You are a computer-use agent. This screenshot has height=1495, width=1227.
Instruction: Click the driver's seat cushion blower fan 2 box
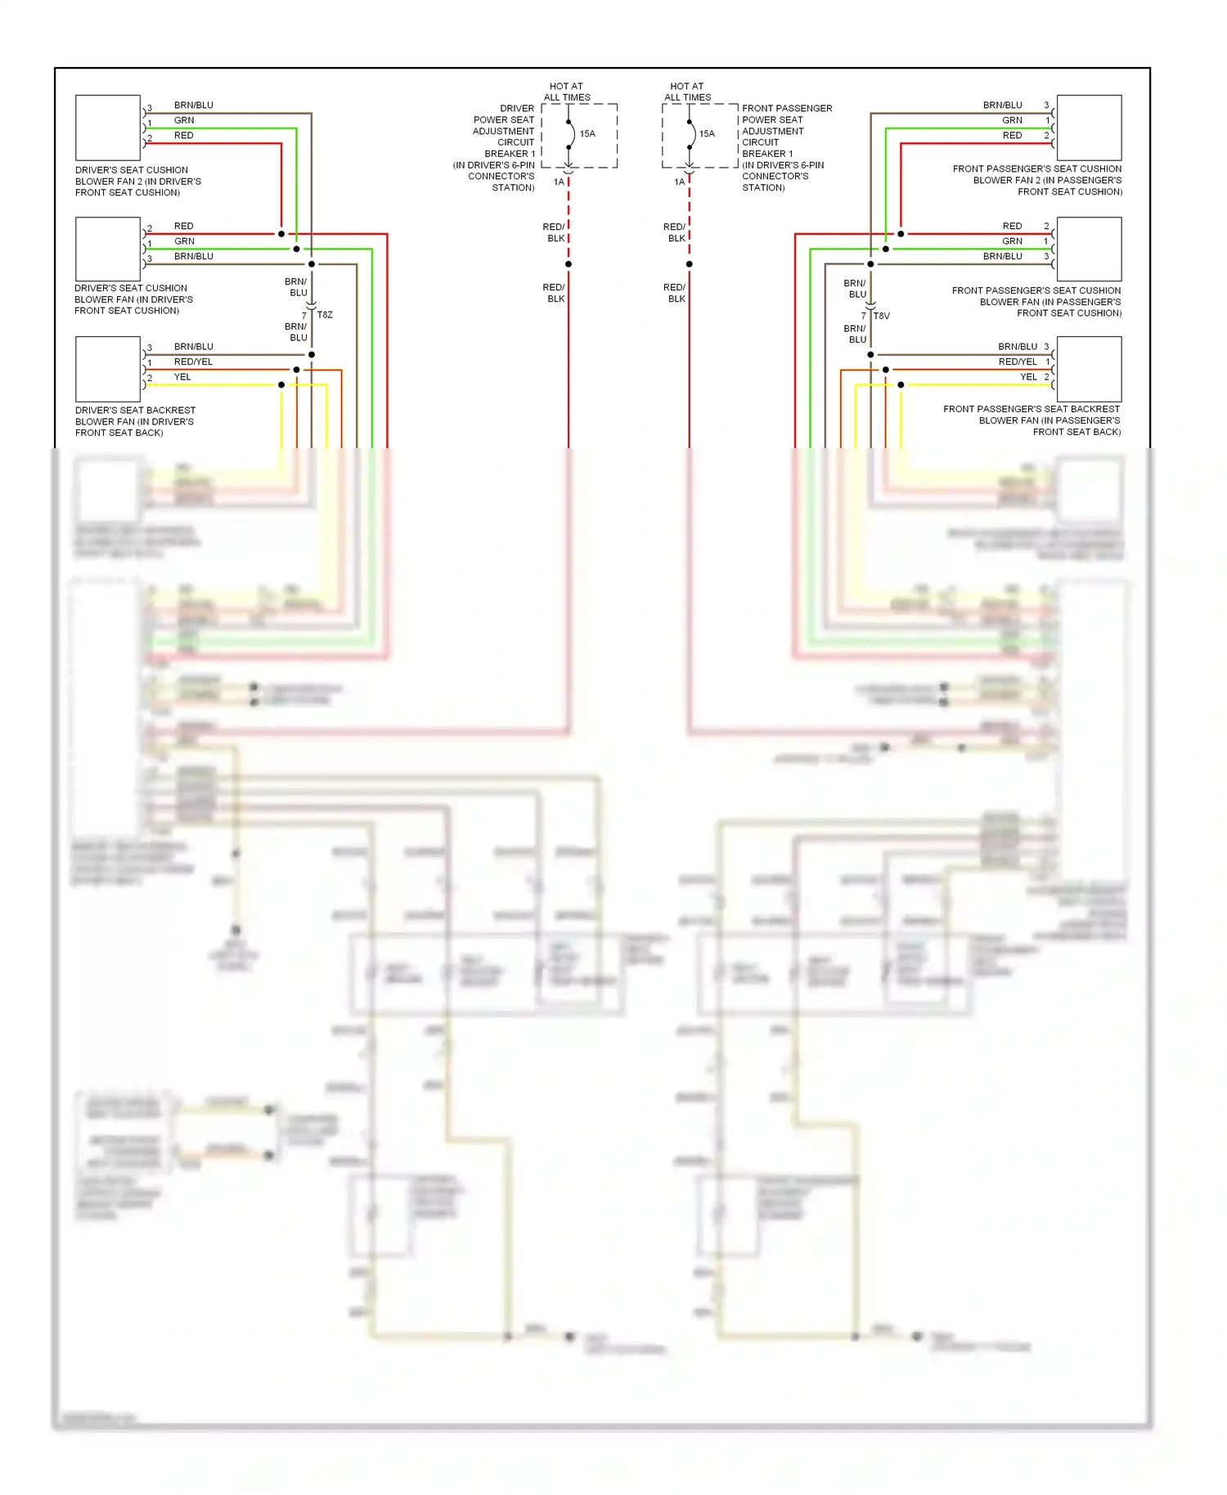(x=108, y=128)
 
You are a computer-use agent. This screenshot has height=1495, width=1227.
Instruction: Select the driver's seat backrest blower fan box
(x=108, y=369)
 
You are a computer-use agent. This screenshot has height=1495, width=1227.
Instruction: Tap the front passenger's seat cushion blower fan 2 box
(x=1089, y=128)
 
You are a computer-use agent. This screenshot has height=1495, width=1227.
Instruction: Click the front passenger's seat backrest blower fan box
(x=1089, y=369)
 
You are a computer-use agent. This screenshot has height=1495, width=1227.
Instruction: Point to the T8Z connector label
(x=325, y=315)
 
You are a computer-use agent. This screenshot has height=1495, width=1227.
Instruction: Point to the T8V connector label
(x=882, y=316)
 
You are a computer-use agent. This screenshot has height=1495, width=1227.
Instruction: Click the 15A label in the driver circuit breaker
(x=587, y=133)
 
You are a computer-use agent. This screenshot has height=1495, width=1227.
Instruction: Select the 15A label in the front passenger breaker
(x=707, y=133)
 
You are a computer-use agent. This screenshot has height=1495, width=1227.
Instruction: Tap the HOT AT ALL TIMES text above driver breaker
(x=567, y=92)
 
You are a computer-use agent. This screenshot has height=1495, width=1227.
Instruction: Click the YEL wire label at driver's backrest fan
(x=182, y=377)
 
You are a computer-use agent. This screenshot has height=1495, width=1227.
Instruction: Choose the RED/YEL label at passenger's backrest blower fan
(x=1017, y=361)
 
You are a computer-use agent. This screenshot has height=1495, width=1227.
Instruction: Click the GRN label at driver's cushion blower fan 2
(x=184, y=120)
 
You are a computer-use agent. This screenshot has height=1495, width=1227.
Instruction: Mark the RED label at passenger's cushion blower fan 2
(x=1012, y=136)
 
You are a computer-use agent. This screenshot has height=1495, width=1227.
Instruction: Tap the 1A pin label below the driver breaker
(x=559, y=182)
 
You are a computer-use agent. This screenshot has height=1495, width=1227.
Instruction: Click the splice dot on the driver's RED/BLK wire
(x=569, y=264)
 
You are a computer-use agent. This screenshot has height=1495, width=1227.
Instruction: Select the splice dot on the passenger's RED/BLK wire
(x=690, y=264)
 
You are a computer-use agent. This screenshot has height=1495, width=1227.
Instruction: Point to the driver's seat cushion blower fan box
(x=108, y=249)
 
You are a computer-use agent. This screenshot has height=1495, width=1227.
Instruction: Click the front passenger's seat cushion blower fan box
(x=1089, y=249)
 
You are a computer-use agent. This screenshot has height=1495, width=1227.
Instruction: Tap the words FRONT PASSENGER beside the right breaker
(x=787, y=108)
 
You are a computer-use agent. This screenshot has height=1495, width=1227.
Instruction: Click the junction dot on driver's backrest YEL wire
(x=281, y=384)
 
